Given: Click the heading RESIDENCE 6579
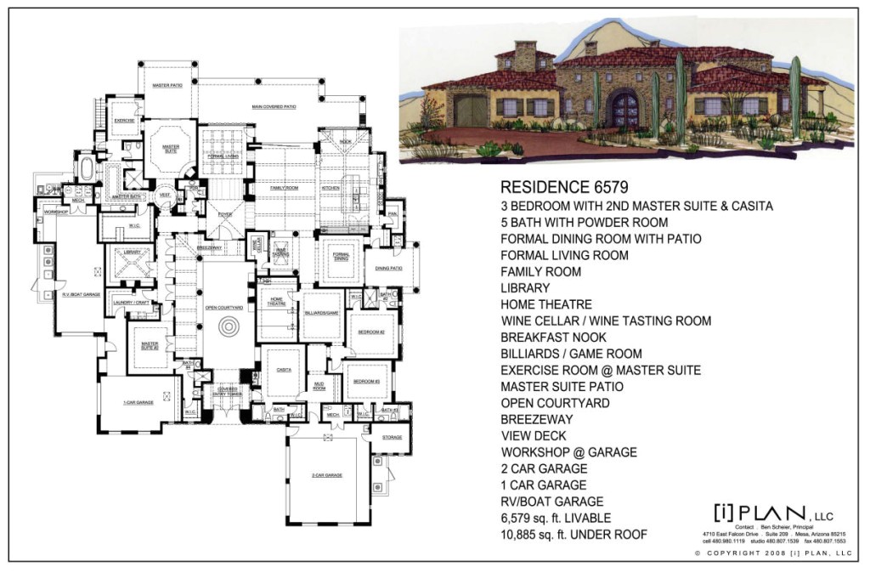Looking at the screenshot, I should point(564,187).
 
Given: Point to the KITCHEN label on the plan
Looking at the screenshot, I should point(331,187).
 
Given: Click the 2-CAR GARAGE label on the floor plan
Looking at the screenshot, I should point(327,475).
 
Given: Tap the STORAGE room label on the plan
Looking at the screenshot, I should point(392,438).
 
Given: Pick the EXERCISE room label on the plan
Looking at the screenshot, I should point(126,121).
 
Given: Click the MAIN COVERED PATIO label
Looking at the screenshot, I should point(274,107).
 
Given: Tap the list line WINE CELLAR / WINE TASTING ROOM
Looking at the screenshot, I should point(606,321).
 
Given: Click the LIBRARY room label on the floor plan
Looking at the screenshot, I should point(131,252).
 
